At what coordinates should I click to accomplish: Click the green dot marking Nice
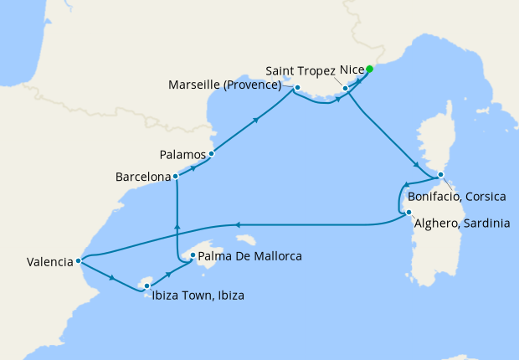coord(369,69)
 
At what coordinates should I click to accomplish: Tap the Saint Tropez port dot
coord(346,87)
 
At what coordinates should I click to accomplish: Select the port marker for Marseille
coord(297,86)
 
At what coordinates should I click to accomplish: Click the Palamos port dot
coord(212,154)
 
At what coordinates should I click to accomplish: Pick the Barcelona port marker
coord(176,177)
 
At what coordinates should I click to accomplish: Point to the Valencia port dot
coord(79,260)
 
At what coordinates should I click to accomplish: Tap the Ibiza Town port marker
coord(146,286)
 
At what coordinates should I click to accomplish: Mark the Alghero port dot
coord(408,213)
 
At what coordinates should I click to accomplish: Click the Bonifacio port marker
coord(440,175)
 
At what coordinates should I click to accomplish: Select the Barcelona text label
coord(142,177)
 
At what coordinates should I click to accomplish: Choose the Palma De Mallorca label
coord(249,255)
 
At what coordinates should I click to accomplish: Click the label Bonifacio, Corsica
coord(458,197)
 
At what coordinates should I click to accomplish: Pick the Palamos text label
coord(183,155)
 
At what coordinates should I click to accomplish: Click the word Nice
coord(351,69)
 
